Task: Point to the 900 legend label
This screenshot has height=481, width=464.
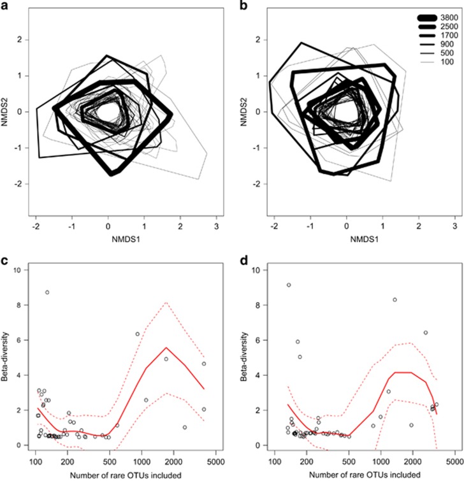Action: [x=443, y=45]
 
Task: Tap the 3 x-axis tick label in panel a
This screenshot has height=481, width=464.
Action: [x=216, y=225]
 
